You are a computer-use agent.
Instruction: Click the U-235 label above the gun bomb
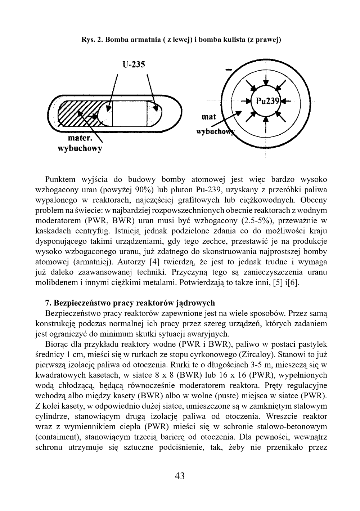click(134, 65)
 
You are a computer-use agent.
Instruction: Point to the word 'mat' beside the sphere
click(209, 117)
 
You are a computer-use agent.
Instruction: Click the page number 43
click(180, 476)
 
